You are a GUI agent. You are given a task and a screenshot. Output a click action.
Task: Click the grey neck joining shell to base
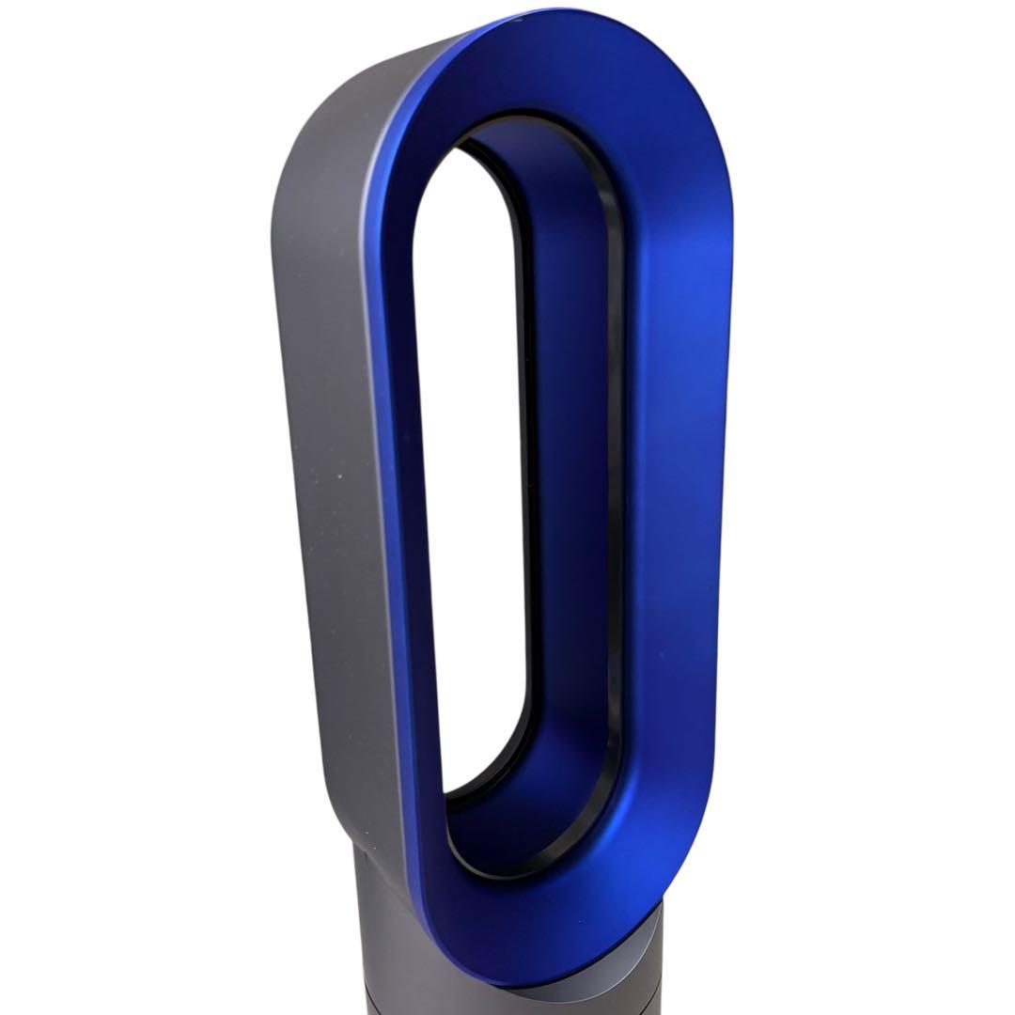[x=376, y=874]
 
